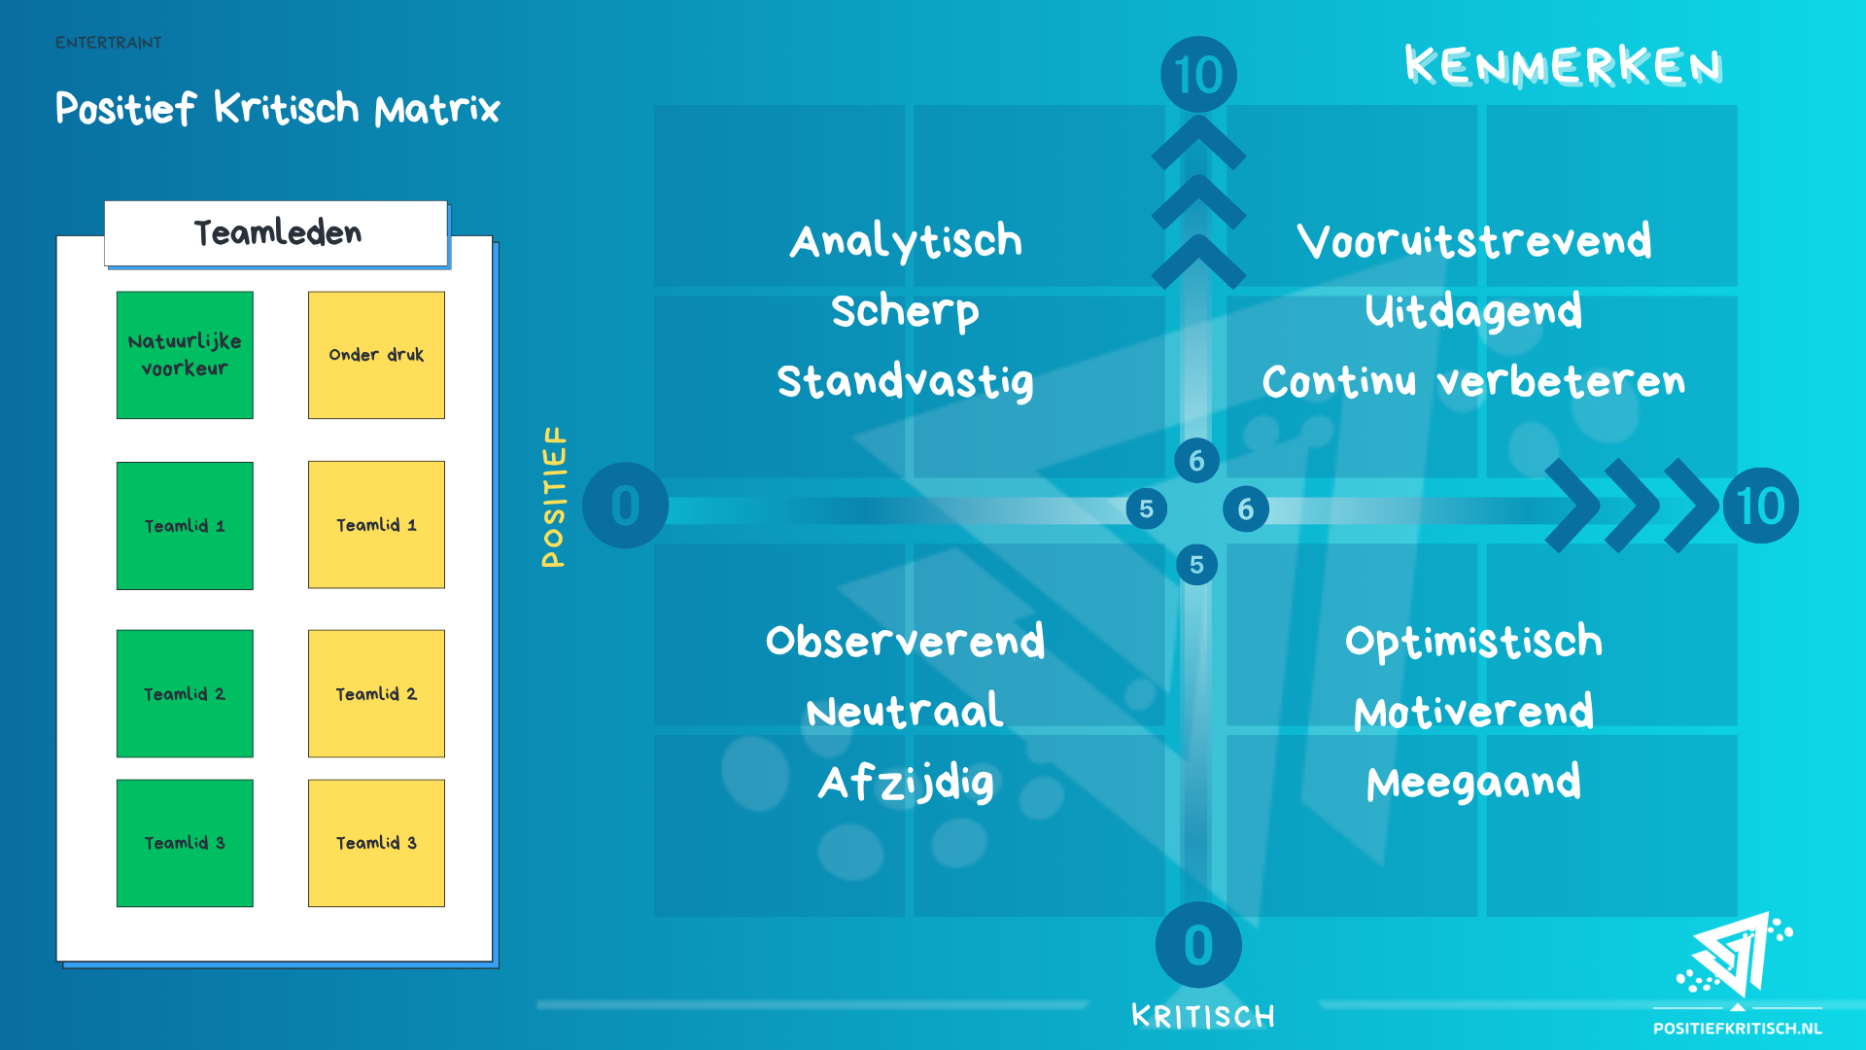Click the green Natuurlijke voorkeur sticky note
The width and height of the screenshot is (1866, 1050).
pyautogui.click(x=185, y=355)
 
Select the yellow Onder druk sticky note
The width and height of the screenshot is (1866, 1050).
pyautogui.click(x=376, y=355)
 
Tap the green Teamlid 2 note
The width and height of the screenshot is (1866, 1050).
pyautogui.click(x=185, y=693)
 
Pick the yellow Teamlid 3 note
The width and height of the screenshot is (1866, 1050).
pyautogui.click(x=376, y=843)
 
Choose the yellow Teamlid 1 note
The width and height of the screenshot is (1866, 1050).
pyautogui.click(x=376, y=524)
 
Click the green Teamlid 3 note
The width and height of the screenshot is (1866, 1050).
pyautogui.click(x=185, y=843)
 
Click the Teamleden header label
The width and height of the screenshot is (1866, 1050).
pyautogui.click(x=277, y=233)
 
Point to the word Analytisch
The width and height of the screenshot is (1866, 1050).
pyautogui.click(x=906, y=241)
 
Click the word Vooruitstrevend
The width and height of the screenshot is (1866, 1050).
pyautogui.click(x=1473, y=241)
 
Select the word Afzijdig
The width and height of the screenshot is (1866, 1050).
pyautogui.click(x=906, y=783)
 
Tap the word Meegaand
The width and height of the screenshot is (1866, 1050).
pyautogui.click(x=1473, y=783)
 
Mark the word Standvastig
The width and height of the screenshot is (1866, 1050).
pyautogui.click(x=906, y=381)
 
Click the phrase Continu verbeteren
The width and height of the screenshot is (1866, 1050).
pyautogui.click(x=1473, y=381)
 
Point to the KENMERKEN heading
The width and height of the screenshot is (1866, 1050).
pyautogui.click(x=1563, y=66)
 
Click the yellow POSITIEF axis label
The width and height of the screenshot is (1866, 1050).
pyautogui.click(x=554, y=497)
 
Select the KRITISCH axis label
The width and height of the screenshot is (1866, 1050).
pyautogui.click(x=1203, y=1017)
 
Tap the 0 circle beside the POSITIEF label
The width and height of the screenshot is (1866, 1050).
pyautogui.click(x=625, y=506)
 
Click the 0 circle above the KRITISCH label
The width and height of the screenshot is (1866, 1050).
pyautogui.click(x=1198, y=945)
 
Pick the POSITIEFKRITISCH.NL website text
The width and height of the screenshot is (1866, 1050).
pyautogui.click(x=1738, y=1029)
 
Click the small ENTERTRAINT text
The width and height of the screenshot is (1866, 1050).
pyautogui.click(x=109, y=43)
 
